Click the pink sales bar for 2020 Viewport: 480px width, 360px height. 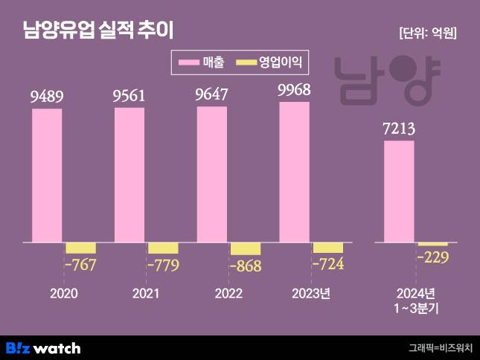point(46,176)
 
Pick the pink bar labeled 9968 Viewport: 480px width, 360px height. point(294,172)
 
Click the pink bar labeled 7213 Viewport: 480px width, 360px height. point(399,191)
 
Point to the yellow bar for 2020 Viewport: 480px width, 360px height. point(81,248)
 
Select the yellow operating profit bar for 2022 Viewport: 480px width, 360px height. point(246,249)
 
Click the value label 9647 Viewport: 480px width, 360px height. point(212,94)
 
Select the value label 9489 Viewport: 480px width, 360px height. point(47,96)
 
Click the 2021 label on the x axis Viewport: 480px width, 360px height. point(146,294)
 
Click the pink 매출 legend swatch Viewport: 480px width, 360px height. point(189,63)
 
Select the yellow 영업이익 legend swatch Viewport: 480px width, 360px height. point(244,63)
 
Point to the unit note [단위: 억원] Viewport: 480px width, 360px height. point(428,32)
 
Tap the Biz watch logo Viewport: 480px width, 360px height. point(43,347)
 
